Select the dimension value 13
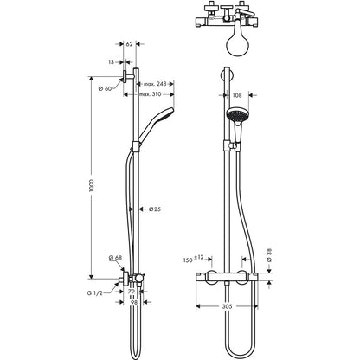112,62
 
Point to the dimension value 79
131,292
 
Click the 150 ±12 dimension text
193,258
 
